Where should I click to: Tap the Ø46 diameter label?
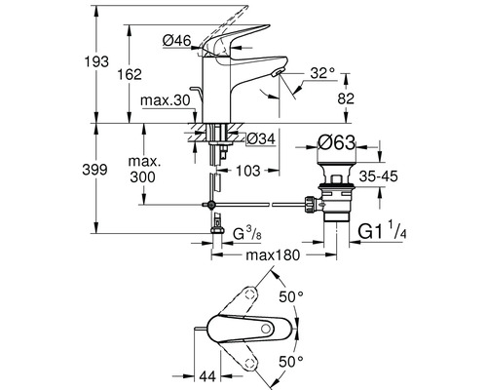[177, 39]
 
